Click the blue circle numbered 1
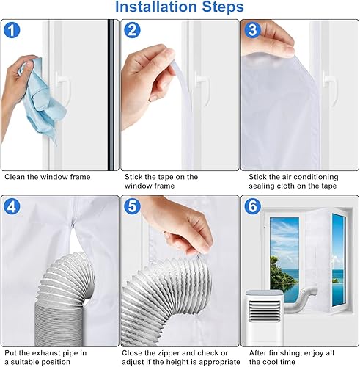tap(12, 30)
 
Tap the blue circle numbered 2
tap(132, 30)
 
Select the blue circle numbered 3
tap(253, 30)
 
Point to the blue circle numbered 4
tap(12, 206)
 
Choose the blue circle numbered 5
tap(132, 206)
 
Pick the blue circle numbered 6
tap(253, 206)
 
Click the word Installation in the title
tap(156, 7)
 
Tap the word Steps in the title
tap(223, 7)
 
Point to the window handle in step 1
tap(63, 88)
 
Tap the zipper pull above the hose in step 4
tap(73, 222)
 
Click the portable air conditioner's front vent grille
tap(265, 310)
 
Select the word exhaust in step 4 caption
tap(46, 353)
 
